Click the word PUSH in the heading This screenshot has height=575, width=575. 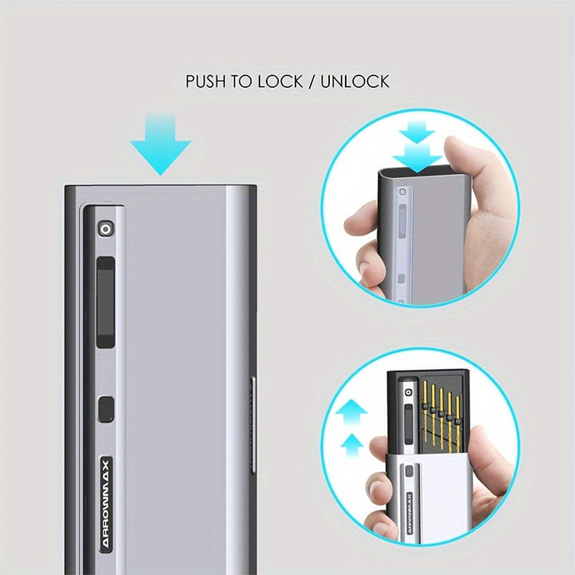tap(207, 81)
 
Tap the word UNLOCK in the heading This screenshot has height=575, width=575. tap(355, 81)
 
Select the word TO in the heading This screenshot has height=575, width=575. tap(242, 81)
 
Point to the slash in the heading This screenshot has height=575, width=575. tap(311, 81)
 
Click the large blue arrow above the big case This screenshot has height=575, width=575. tap(161, 145)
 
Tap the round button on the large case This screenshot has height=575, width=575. tap(106, 229)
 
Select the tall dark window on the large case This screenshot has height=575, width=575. tap(105, 302)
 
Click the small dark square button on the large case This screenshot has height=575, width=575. tap(106, 408)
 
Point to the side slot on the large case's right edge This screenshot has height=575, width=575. tap(252, 426)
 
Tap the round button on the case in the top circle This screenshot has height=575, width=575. tap(402, 192)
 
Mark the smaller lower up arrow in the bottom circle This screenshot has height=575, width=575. tap(352, 445)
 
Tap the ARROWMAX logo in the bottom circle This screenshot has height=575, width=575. tap(409, 514)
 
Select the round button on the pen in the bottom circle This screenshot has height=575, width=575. tap(407, 393)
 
